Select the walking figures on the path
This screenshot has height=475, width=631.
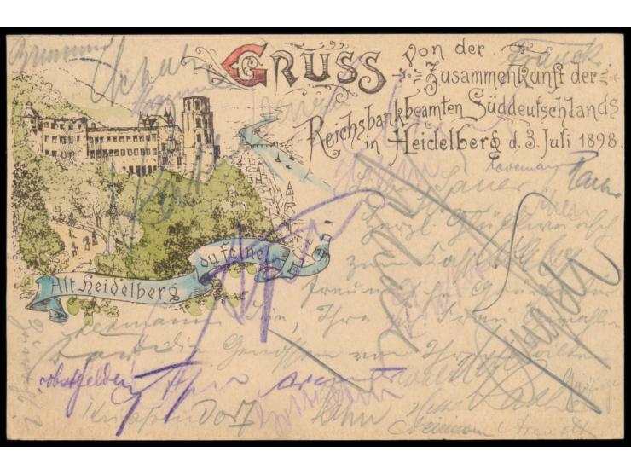pyautogui.click(x=82, y=246)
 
